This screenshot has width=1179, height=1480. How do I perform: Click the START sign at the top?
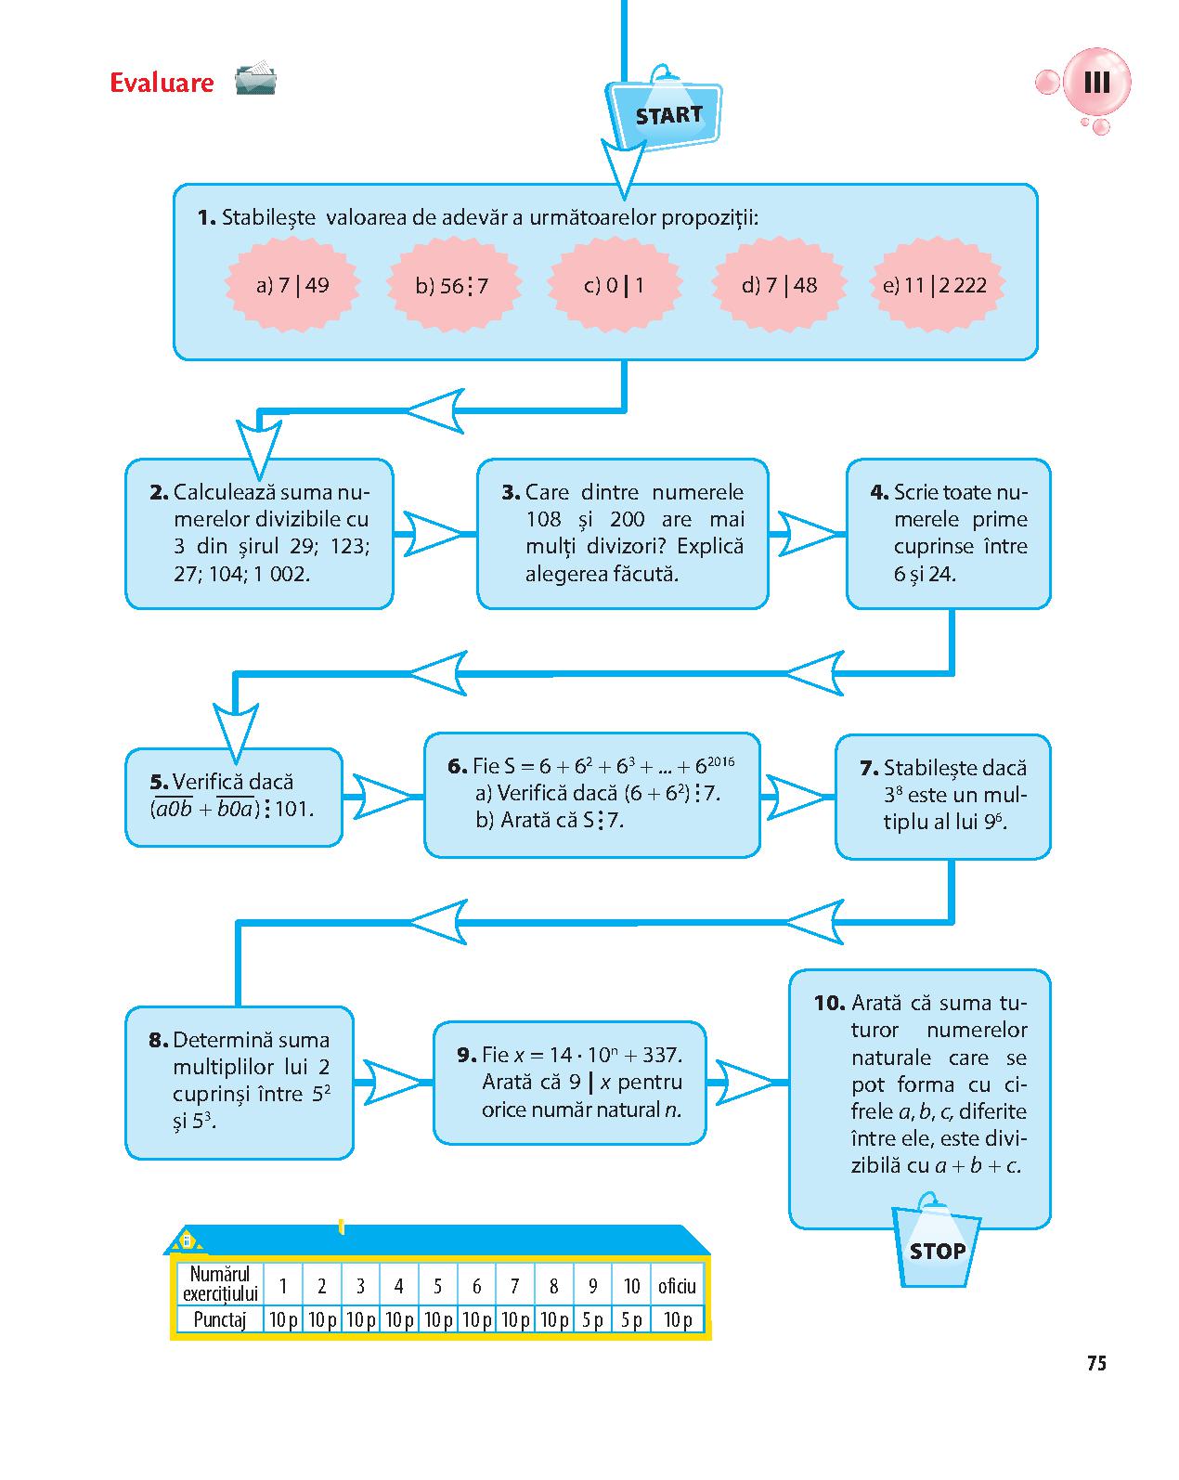pyautogui.click(x=664, y=111)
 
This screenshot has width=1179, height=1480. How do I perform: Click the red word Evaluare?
pyautogui.click(x=162, y=83)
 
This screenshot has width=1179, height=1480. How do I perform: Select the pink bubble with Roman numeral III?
pyautogui.click(x=1096, y=83)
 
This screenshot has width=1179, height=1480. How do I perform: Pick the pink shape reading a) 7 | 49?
pyautogui.click(x=292, y=285)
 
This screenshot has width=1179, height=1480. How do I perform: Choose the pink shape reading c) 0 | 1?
pyautogui.click(x=615, y=285)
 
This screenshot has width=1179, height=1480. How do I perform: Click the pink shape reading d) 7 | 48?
pyautogui.click(x=780, y=285)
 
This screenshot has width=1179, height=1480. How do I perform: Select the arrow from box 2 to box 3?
pyautogui.click(x=434, y=533)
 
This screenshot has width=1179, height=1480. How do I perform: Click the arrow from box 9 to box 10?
pyautogui.click(x=747, y=1083)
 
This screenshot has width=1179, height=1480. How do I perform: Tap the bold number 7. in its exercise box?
pyautogui.click(x=869, y=768)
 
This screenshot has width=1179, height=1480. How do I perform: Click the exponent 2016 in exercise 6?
pyautogui.click(x=721, y=761)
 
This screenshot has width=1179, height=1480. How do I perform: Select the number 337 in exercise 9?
pyautogui.click(x=659, y=1055)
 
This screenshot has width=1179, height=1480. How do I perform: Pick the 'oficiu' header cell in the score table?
pyautogui.click(x=677, y=1286)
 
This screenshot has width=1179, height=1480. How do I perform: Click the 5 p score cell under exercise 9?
pyautogui.click(x=592, y=1319)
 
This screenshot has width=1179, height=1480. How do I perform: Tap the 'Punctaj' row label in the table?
pyautogui.click(x=219, y=1319)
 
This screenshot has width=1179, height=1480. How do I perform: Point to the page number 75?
pyautogui.click(x=1096, y=1362)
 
